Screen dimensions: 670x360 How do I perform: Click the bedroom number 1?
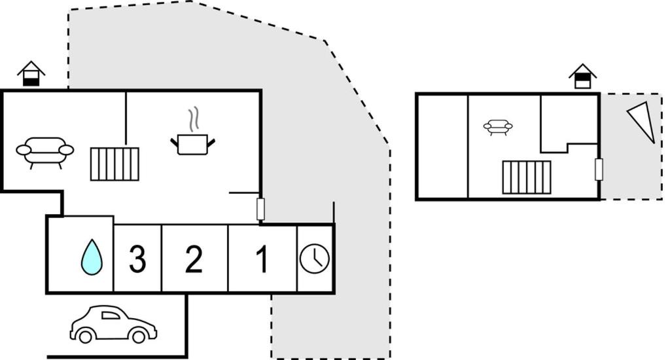click(x=262, y=259)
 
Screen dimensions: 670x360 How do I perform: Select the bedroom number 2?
click(x=194, y=259)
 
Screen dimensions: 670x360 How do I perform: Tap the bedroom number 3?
click(x=137, y=259)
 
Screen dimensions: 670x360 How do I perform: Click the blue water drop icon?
click(x=92, y=257)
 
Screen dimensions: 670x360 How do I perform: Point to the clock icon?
click(x=315, y=259)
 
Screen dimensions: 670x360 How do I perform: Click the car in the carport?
click(x=113, y=324)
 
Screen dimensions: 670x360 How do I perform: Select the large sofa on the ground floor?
click(x=45, y=153)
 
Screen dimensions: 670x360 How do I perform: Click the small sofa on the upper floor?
click(x=498, y=127)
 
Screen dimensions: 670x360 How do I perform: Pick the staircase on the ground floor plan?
click(x=115, y=164)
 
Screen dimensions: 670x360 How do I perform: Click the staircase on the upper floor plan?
click(x=527, y=177)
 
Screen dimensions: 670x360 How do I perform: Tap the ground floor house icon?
click(x=31, y=74)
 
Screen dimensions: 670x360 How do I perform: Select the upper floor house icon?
click(x=582, y=77)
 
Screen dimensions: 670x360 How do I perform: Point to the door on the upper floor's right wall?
click(x=599, y=169)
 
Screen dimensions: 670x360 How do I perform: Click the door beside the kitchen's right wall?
click(x=260, y=209)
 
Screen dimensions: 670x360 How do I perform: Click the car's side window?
click(x=111, y=315)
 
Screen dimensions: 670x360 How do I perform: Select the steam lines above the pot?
click(x=194, y=119)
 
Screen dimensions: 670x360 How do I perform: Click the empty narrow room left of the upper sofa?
click(x=443, y=146)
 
